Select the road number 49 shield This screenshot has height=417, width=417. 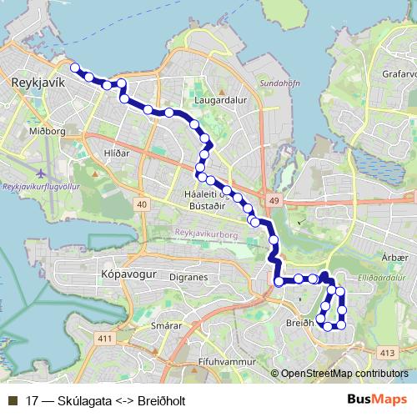(274, 200)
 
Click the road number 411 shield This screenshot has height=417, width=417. (104, 338)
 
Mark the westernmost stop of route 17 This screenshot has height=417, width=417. (74, 68)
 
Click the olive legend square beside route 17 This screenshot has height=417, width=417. (11, 400)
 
